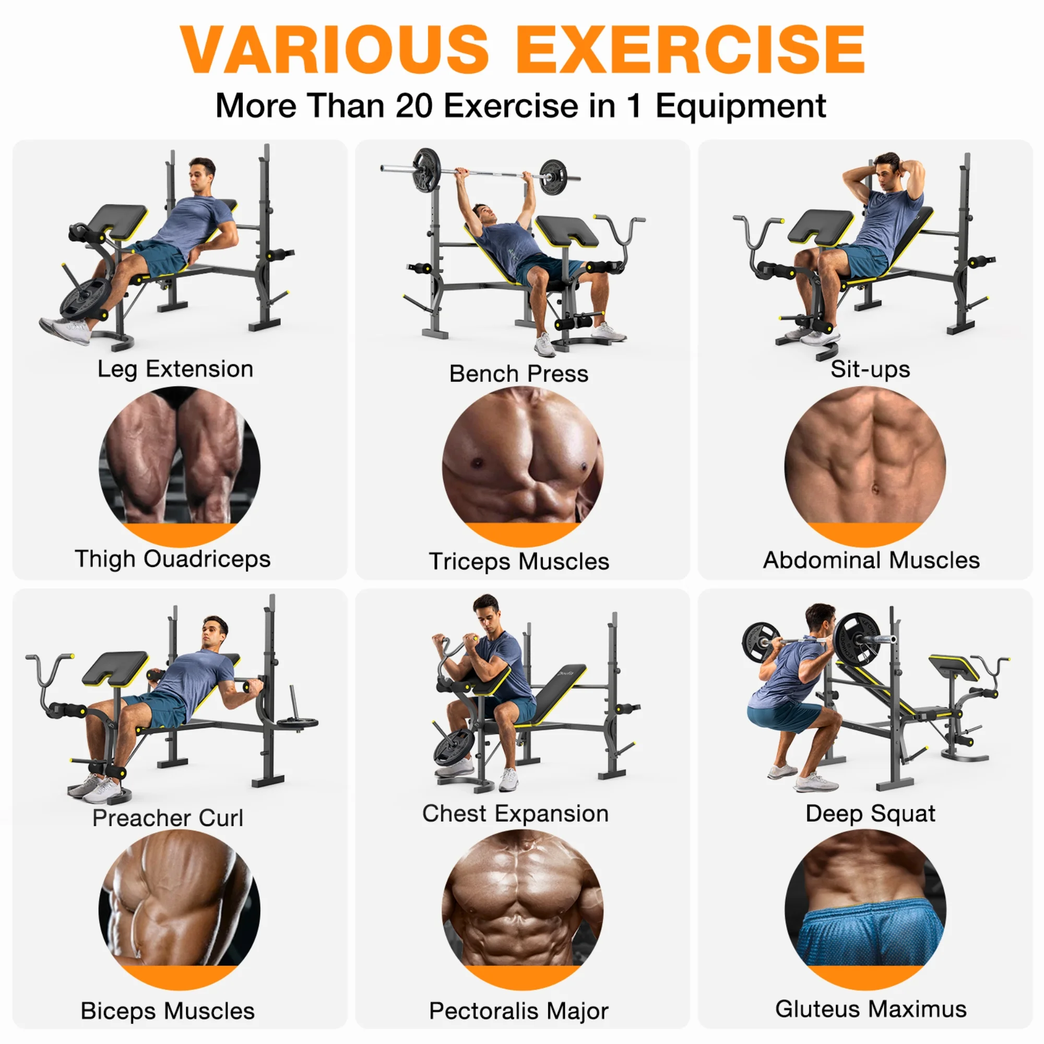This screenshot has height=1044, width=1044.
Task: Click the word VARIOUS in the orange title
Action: click(335, 49)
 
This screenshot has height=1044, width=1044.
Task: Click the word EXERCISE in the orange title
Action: click(691, 49)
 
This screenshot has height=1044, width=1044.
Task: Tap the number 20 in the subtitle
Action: click(414, 105)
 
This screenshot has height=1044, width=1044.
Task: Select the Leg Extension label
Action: click(175, 370)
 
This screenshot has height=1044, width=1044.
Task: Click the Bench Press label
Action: click(519, 373)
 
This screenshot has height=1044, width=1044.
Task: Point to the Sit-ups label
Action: click(870, 369)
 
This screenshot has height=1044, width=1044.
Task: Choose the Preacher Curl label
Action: click(168, 817)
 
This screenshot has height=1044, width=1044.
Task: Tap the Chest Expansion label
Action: click(515, 813)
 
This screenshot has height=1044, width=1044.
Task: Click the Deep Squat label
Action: click(870, 813)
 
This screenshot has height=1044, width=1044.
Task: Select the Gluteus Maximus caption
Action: click(871, 1009)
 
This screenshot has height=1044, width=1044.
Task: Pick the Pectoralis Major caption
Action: click(519, 1011)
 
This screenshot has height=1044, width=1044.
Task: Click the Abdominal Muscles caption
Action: click(871, 560)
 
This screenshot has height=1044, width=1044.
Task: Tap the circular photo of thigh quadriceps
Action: click(180, 466)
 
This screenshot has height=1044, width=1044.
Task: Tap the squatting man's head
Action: click(820, 620)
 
